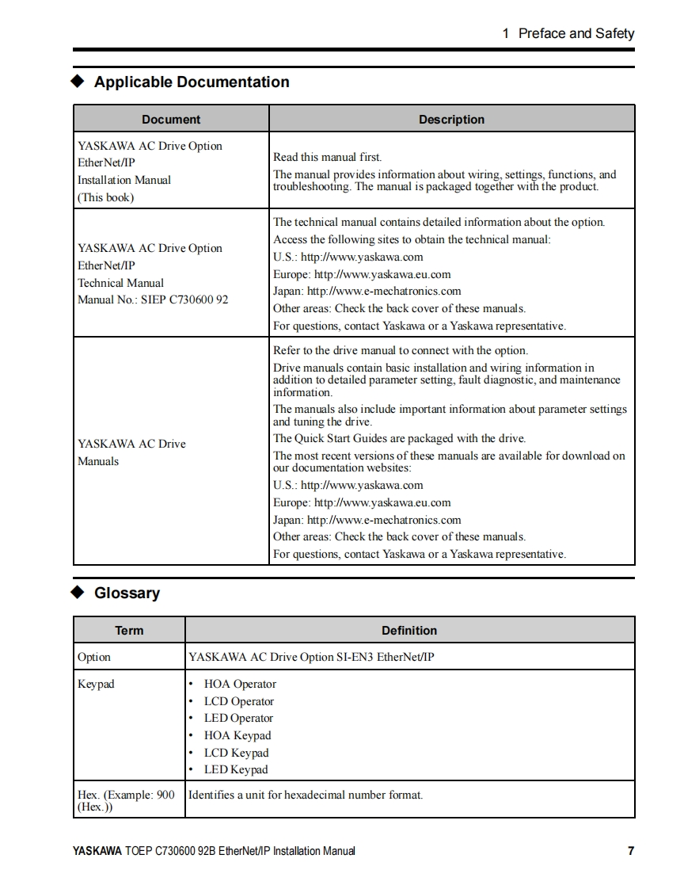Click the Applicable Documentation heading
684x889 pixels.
point(192,82)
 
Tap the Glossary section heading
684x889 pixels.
point(127,593)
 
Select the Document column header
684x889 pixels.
point(171,120)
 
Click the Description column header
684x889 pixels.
point(451,120)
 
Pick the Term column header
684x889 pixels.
point(129,631)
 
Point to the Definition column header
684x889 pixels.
point(409,631)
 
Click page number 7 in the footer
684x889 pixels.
point(631,851)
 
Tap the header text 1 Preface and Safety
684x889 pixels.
point(568,33)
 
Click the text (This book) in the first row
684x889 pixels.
point(105,197)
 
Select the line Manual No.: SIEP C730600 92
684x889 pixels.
point(153,300)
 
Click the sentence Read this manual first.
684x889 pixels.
point(327,157)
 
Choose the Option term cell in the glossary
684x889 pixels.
point(94,657)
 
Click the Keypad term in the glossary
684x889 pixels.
point(96,684)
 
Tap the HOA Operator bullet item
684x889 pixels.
point(240,684)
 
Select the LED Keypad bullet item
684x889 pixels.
point(236,769)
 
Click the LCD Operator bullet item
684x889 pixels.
point(238,701)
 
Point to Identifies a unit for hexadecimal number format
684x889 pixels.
point(306,794)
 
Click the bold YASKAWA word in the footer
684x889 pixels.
point(97,851)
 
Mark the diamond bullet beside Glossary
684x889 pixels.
point(78,593)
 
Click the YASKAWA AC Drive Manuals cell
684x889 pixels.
point(131,452)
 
